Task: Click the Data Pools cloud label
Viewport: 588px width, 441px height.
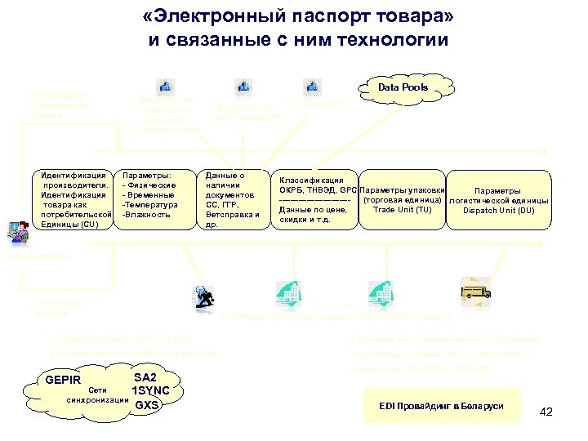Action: point(403,87)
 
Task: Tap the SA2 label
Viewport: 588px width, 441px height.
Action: point(145,378)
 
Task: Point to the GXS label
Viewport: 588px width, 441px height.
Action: point(147,404)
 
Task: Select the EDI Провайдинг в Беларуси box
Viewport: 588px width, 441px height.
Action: point(441,406)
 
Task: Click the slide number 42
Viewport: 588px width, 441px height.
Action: point(546,412)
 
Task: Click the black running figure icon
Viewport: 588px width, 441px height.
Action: point(203,296)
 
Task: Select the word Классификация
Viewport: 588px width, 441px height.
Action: point(311,180)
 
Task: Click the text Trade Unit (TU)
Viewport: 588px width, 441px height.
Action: point(403,210)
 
